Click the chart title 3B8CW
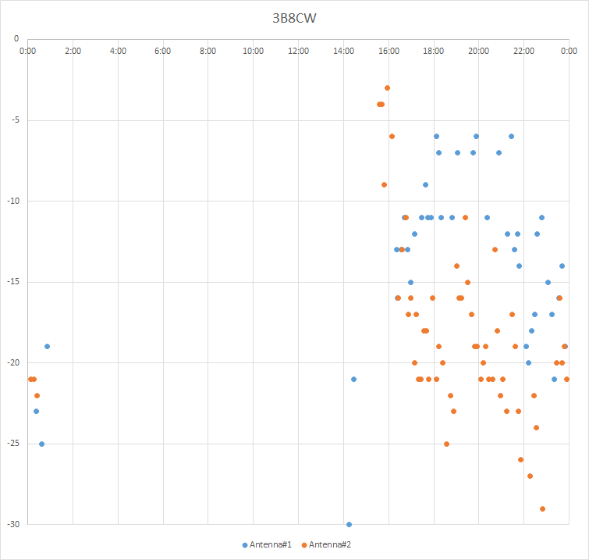click(294, 16)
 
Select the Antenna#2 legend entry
click(328, 544)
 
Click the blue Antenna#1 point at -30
click(349, 524)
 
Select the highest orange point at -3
click(387, 87)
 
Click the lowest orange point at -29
click(542, 508)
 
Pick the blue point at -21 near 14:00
click(353, 379)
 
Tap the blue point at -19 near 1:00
click(47, 346)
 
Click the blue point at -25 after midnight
click(41, 444)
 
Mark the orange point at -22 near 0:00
click(37, 395)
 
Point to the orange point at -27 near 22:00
click(530, 476)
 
